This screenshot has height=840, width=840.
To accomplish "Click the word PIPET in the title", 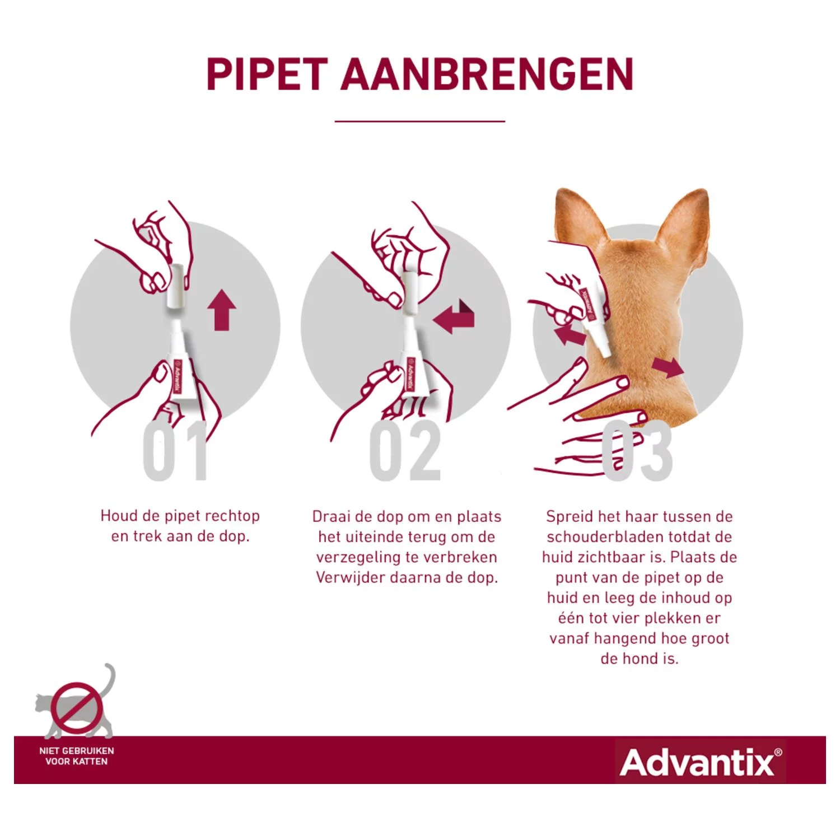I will pyautogui.click(x=267, y=74).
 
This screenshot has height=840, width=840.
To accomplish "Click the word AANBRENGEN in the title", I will pyautogui.click(x=487, y=74).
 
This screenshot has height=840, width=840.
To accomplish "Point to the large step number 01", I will pyautogui.click(x=175, y=452).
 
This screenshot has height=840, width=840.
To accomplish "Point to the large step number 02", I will pyautogui.click(x=405, y=452).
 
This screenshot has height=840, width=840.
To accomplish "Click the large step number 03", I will pyautogui.click(x=638, y=452).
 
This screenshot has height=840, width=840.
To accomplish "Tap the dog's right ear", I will pyautogui.click(x=686, y=218).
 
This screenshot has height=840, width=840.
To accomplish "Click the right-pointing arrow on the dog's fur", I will pyautogui.click(x=668, y=368).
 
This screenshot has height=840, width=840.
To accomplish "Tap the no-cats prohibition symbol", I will pyautogui.click(x=77, y=707).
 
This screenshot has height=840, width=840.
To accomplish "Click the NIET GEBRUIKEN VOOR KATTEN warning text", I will pyautogui.click(x=77, y=756).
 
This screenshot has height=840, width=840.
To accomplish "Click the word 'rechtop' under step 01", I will pyautogui.click(x=232, y=516).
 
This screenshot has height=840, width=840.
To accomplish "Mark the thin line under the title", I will pyautogui.click(x=420, y=121).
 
